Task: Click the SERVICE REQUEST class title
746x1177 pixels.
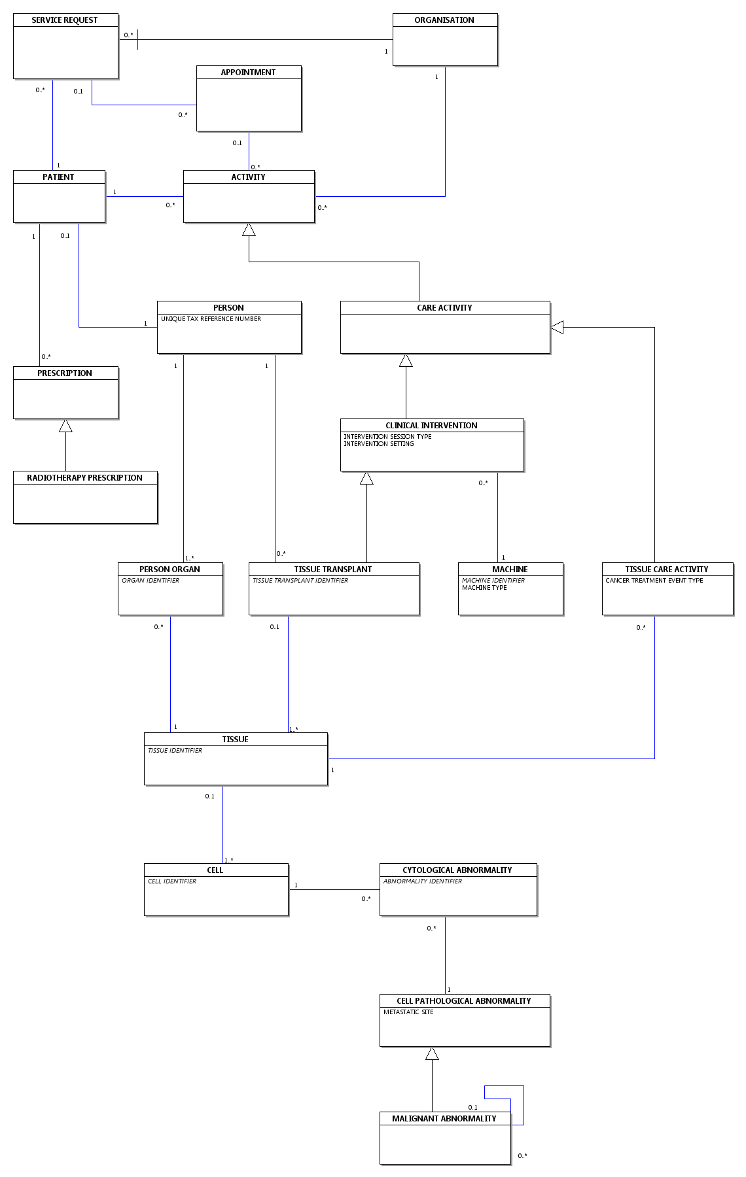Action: (x=65, y=20)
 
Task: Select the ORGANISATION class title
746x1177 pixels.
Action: (x=444, y=20)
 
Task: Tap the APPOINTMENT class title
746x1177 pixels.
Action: (x=248, y=73)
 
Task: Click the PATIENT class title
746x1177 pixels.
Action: (x=58, y=177)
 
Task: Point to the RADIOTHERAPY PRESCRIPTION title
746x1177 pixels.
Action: (x=84, y=478)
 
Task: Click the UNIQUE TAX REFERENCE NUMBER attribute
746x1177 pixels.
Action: (x=211, y=319)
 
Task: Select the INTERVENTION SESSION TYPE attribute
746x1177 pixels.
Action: (x=387, y=437)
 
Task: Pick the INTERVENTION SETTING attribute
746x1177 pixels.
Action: (x=379, y=444)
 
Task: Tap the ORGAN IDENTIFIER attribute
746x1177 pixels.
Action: (x=151, y=581)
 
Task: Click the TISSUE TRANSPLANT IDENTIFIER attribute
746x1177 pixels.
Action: (x=300, y=581)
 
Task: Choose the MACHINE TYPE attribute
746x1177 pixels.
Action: (x=484, y=588)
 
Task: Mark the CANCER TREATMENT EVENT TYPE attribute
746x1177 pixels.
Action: (x=654, y=581)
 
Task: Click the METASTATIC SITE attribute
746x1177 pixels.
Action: (x=408, y=1012)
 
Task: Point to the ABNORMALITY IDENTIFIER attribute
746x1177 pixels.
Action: (x=423, y=881)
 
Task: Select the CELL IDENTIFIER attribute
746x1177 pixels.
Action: (x=172, y=881)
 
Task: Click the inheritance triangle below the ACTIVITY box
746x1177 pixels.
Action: (x=249, y=230)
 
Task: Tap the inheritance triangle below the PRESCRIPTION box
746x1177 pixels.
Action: (x=65, y=426)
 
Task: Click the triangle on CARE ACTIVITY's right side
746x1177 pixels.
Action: (x=557, y=327)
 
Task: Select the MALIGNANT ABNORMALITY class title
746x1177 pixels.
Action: (x=444, y=1119)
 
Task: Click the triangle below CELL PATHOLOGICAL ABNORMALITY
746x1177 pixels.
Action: (x=432, y=1053)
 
